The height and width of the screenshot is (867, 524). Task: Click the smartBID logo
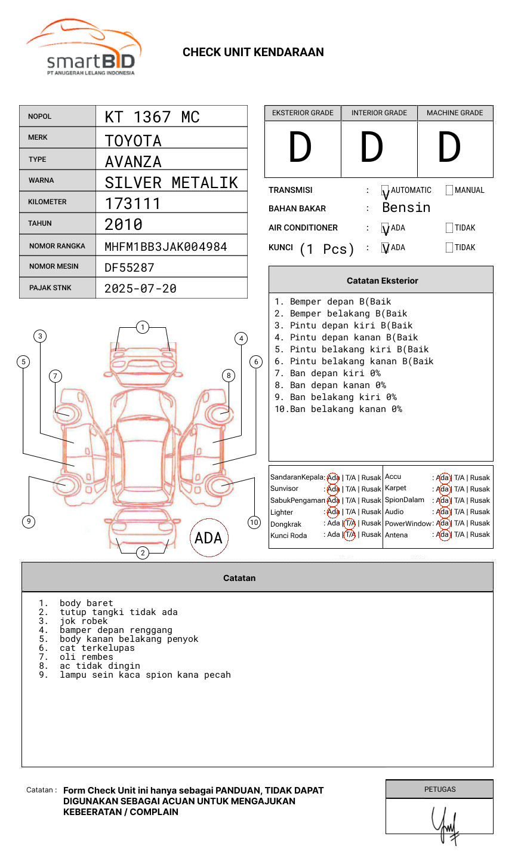tap(84, 48)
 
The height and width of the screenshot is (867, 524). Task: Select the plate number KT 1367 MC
tap(152, 117)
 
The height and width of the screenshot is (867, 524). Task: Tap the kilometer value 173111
tap(132, 204)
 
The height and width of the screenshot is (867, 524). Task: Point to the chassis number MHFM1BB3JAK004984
tap(165, 247)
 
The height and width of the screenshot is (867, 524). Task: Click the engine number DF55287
tap(130, 268)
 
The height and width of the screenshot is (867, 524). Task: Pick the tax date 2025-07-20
tap(140, 288)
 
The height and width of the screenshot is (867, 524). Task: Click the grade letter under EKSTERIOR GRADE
tap(300, 147)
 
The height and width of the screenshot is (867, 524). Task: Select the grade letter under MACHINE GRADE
tap(449, 147)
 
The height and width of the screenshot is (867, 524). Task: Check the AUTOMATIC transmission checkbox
tap(386, 190)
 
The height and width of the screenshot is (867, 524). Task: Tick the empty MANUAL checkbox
tap(449, 190)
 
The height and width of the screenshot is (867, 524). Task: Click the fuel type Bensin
tap(406, 208)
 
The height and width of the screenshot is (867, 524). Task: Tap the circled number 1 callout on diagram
tap(142, 327)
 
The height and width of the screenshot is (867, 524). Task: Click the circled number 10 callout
tap(254, 522)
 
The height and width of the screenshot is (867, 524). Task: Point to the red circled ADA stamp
tap(208, 537)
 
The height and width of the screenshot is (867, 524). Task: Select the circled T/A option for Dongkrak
tap(350, 524)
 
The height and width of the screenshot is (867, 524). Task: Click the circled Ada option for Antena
tap(443, 535)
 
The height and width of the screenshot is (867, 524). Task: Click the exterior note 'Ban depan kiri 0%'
tap(334, 373)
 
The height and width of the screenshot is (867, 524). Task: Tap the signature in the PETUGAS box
tap(445, 824)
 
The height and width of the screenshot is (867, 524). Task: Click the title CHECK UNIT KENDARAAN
tap(253, 53)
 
